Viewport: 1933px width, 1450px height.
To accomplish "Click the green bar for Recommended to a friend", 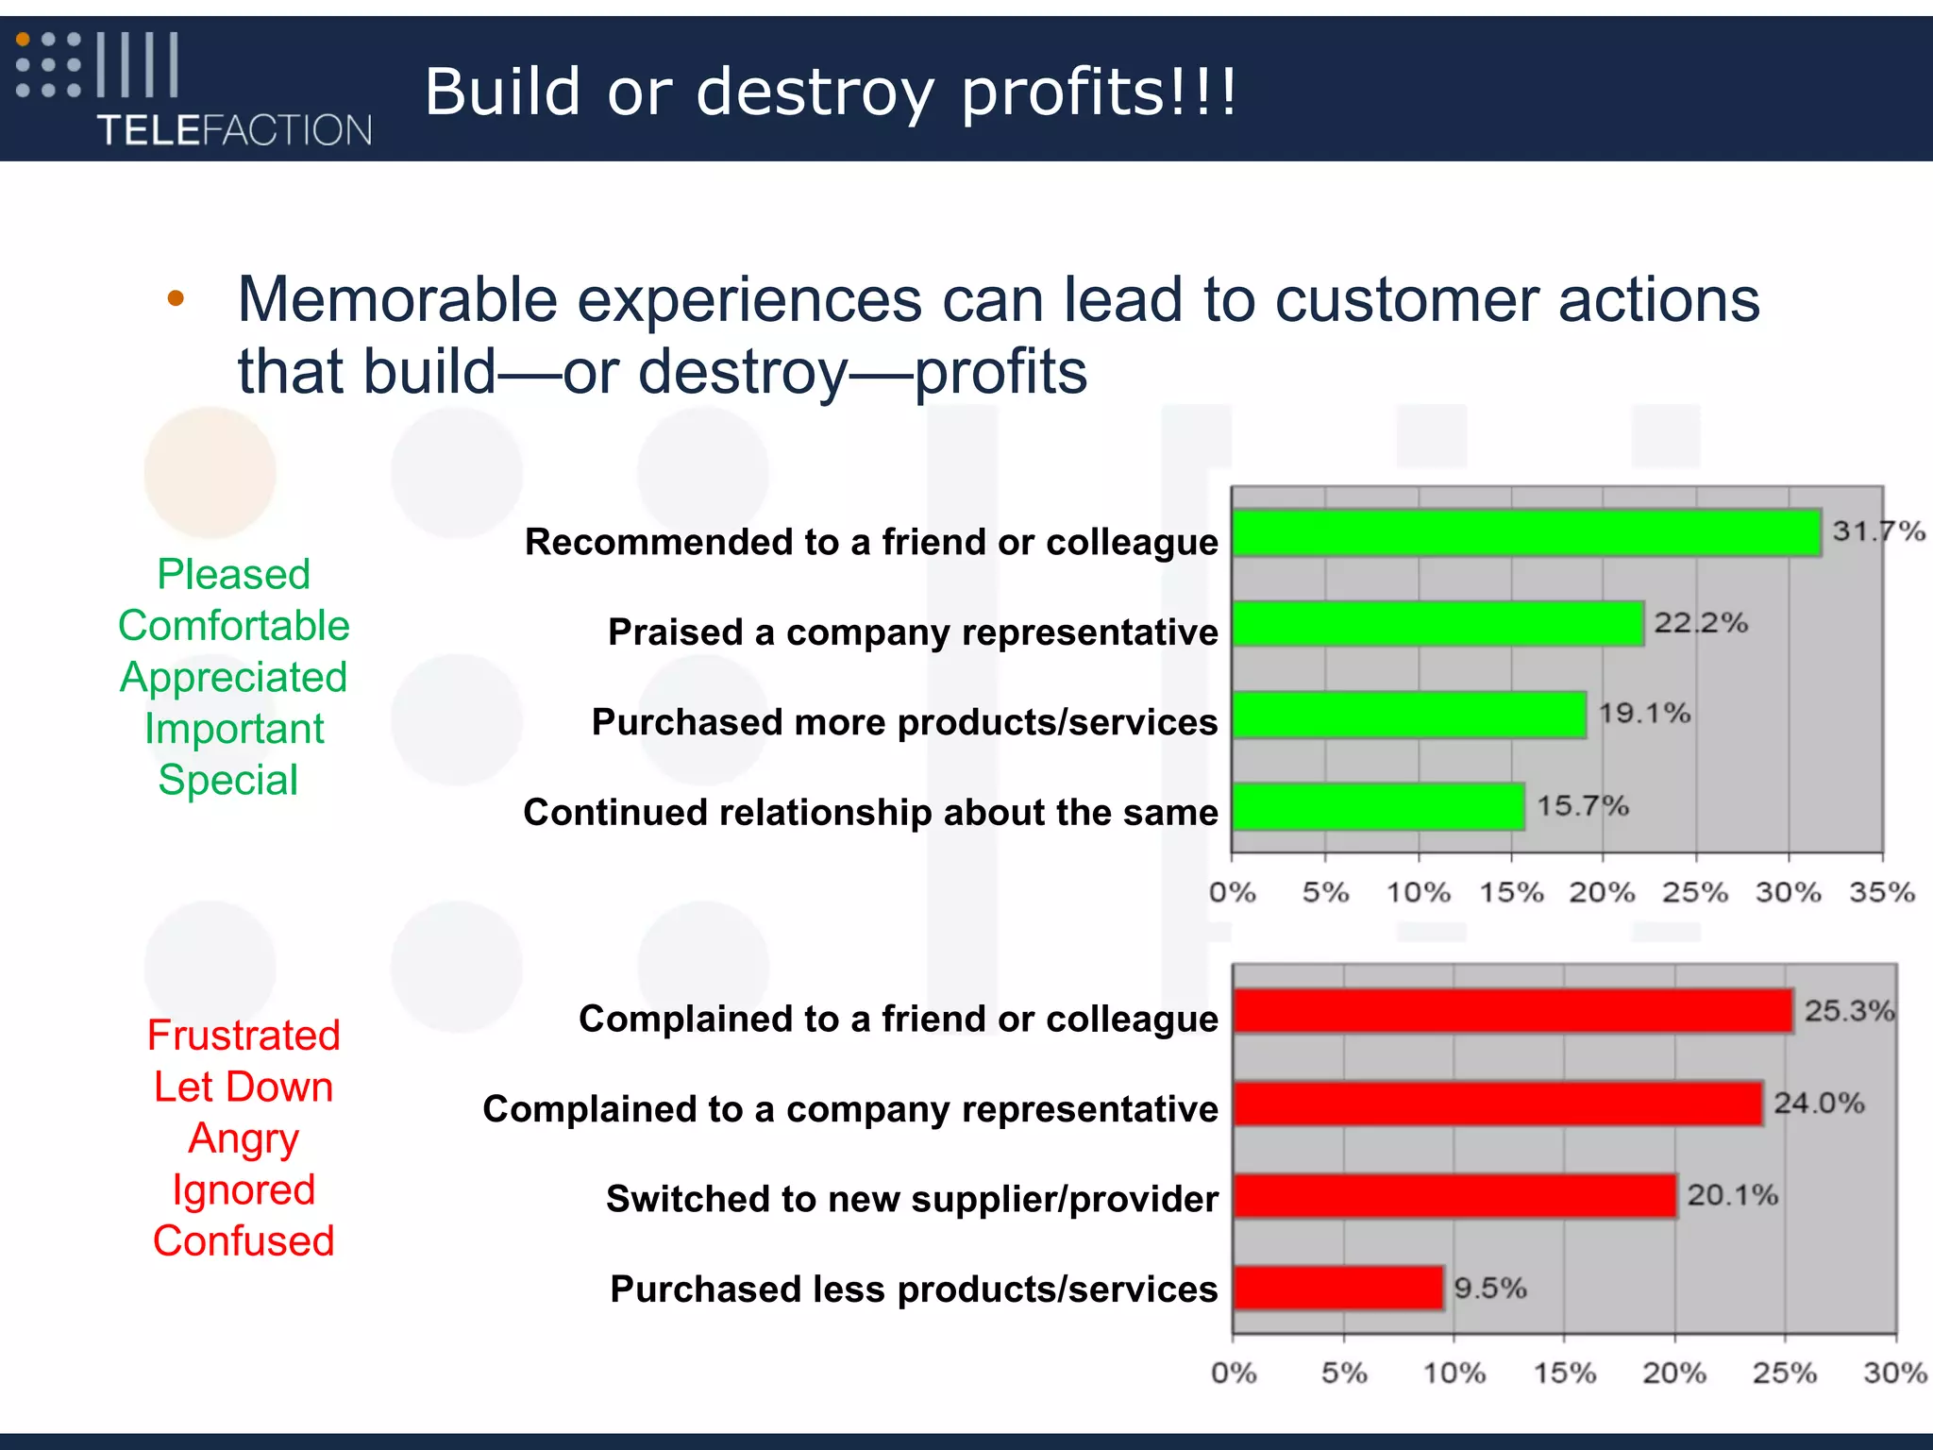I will pos(1526,532).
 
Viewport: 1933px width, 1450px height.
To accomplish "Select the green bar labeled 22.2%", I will pos(1437,624).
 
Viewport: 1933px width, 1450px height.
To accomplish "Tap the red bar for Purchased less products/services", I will pos(1338,1288).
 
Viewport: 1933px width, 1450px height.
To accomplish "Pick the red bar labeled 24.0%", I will pos(1498,1104).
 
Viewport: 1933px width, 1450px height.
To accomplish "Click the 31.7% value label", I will pos(1877,531).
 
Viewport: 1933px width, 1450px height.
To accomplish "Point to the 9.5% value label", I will pos(1489,1288).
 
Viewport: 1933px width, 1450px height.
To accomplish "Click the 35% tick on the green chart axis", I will pos(1881,892).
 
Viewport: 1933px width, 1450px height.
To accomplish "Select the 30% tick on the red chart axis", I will pos(1894,1373).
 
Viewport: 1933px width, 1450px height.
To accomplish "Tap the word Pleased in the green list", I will pos(233,574).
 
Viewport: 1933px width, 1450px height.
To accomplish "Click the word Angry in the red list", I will pos(244,1138).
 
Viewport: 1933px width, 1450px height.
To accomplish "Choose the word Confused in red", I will pos(244,1241).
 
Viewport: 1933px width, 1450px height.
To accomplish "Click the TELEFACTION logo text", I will pos(234,130).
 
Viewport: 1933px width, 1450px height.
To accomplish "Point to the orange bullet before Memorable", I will pos(176,299).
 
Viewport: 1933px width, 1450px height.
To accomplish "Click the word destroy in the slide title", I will pos(815,93).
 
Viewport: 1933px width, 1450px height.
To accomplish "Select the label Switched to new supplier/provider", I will pos(911,1199).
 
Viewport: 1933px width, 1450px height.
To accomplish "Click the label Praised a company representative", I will pos(912,632).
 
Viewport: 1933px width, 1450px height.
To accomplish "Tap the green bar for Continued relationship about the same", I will pos(1378,807).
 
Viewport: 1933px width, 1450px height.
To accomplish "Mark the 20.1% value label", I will pos(1732,1195).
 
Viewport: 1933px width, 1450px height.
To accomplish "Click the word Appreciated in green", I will pos(233,677).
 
